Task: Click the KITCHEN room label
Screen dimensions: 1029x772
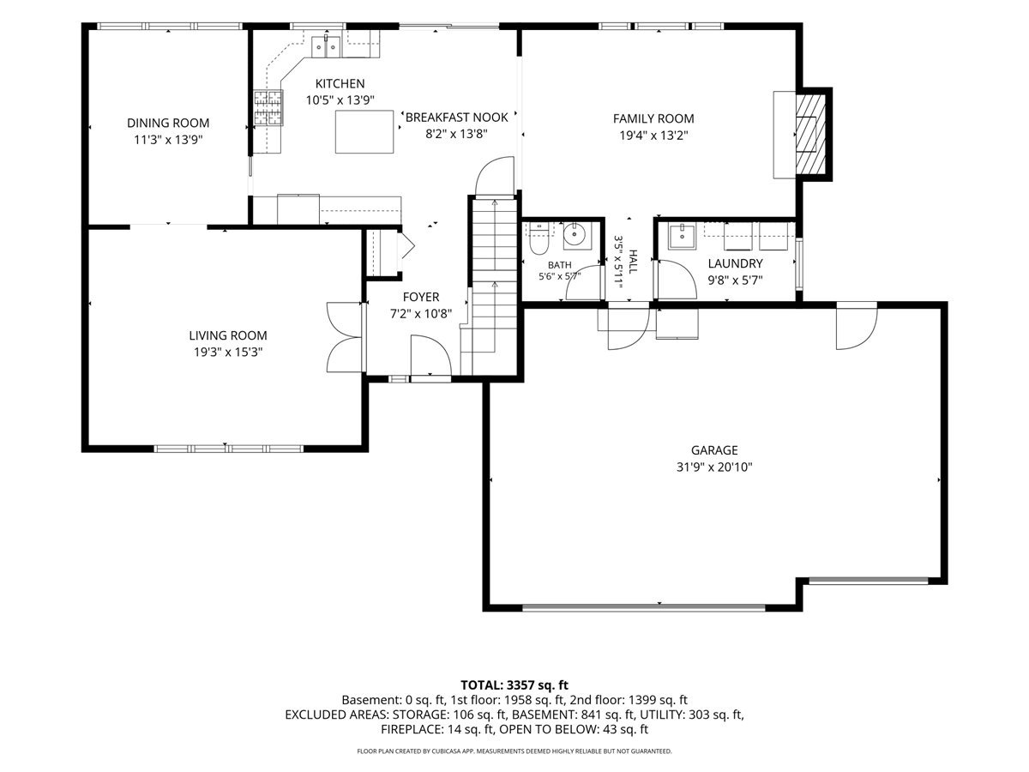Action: point(340,84)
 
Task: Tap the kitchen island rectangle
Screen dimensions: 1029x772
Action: point(364,132)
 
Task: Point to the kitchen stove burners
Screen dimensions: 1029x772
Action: point(269,108)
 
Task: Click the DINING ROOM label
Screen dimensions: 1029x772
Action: point(168,124)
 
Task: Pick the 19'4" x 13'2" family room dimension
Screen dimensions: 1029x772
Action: point(653,136)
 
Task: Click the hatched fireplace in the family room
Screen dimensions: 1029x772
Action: point(810,134)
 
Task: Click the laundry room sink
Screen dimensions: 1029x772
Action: point(682,237)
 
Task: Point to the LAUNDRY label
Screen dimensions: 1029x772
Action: point(735,264)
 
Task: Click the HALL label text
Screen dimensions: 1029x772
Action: point(632,262)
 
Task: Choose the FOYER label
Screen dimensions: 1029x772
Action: point(421,297)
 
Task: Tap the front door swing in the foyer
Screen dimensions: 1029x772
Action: point(431,355)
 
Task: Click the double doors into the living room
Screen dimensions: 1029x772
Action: point(345,337)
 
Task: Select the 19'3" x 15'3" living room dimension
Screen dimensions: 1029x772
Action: point(228,353)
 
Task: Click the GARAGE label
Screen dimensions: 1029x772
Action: point(714,450)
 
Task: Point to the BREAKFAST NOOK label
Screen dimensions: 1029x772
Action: point(456,118)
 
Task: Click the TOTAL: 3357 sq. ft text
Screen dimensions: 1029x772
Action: point(514,685)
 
